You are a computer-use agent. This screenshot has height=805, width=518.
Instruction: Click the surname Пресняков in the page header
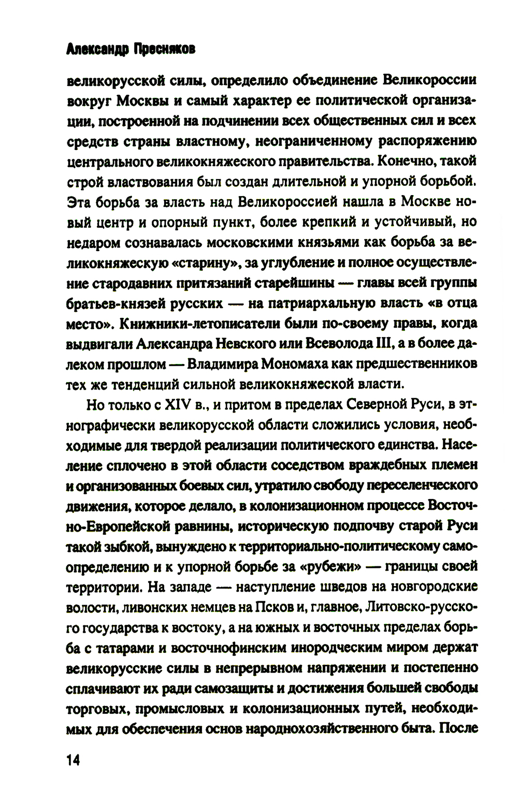coord(165,49)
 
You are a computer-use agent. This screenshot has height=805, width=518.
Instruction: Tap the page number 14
coord(74,760)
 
